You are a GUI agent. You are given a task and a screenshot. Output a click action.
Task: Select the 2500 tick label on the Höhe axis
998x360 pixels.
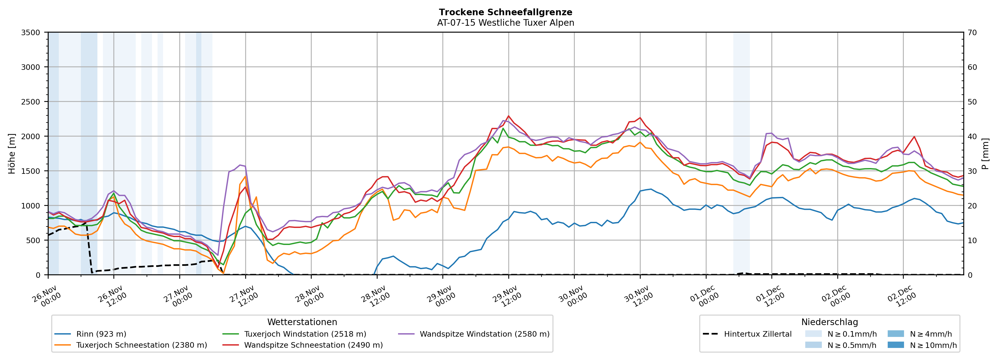pos(31,102)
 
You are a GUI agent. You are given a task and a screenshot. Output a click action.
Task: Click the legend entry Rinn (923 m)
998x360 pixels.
pos(101,334)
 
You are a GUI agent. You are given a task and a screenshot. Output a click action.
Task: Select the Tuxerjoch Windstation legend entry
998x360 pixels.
pos(305,334)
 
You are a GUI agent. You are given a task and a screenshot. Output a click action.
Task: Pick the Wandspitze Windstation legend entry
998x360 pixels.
pos(484,334)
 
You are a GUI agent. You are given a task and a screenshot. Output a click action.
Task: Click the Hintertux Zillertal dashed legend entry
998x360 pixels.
pos(757,334)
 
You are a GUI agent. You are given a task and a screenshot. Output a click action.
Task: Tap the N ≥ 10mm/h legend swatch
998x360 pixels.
pos(895,345)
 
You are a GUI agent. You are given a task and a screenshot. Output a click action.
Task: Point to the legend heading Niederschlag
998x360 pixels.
pos(829,322)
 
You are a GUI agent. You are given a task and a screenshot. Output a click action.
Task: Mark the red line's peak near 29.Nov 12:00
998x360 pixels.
pos(508,116)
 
